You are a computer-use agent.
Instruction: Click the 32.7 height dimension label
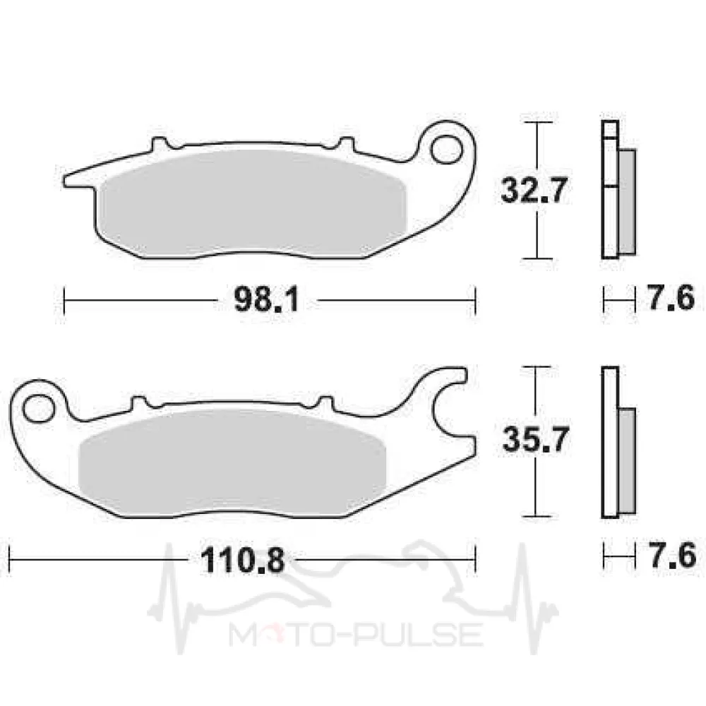[x=534, y=190]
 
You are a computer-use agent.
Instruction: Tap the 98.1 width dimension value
[x=267, y=299]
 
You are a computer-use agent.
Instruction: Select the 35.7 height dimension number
[x=534, y=439]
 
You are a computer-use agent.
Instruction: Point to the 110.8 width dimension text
[x=242, y=560]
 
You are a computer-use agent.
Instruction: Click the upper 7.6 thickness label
[x=671, y=297]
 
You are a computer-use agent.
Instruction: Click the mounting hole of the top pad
[x=446, y=149]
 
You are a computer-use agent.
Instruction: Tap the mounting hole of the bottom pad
[x=37, y=408]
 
